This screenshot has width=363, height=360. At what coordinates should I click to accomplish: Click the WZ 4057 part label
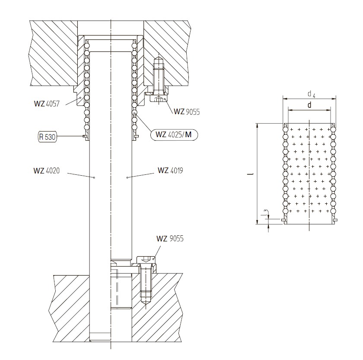click(x=47, y=103)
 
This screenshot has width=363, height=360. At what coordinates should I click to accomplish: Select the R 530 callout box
click(x=47, y=137)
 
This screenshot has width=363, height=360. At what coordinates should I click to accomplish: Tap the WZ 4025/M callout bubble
click(x=174, y=135)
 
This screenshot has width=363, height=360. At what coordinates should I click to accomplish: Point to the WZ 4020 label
click(x=47, y=171)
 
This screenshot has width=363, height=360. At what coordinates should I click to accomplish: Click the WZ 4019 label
click(x=170, y=170)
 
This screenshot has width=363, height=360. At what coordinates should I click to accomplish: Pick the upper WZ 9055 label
click(x=187, y=112)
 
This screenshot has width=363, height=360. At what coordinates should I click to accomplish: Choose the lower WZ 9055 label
click(x=170, y=238)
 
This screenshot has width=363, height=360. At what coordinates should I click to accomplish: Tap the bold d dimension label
click(x=309, y=105)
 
